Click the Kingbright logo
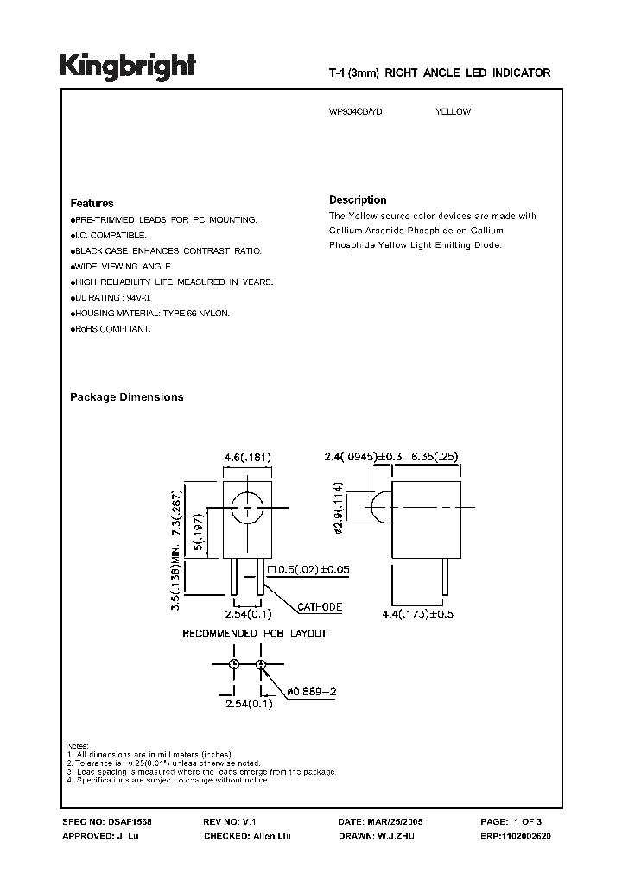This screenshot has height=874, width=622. click(127, 67)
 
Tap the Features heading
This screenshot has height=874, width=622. click(92, 204)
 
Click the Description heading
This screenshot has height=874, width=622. click(358, 199)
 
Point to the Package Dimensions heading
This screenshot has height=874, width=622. click(126, 397)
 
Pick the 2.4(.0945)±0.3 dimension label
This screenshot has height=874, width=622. click(364, 454)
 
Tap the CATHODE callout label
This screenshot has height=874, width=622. click(320, 607)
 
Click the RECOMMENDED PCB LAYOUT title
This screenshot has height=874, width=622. click(254, 634)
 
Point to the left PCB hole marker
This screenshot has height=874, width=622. click(233, 663)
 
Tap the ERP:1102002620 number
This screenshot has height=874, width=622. click(517, 836)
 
